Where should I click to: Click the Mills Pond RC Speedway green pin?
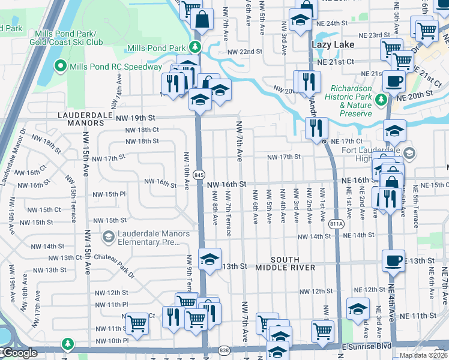click(x=60, y=67)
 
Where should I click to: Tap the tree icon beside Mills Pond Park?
click(x=194, y=47)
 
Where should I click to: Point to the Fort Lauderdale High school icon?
click(x=409, y=153)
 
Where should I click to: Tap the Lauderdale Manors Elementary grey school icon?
click(x=108, y=237)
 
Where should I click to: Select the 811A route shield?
click(x=337, y=224)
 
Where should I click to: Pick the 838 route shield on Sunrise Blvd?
click(x=224, y=350)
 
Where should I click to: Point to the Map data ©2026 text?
click(x=423, y=355)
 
